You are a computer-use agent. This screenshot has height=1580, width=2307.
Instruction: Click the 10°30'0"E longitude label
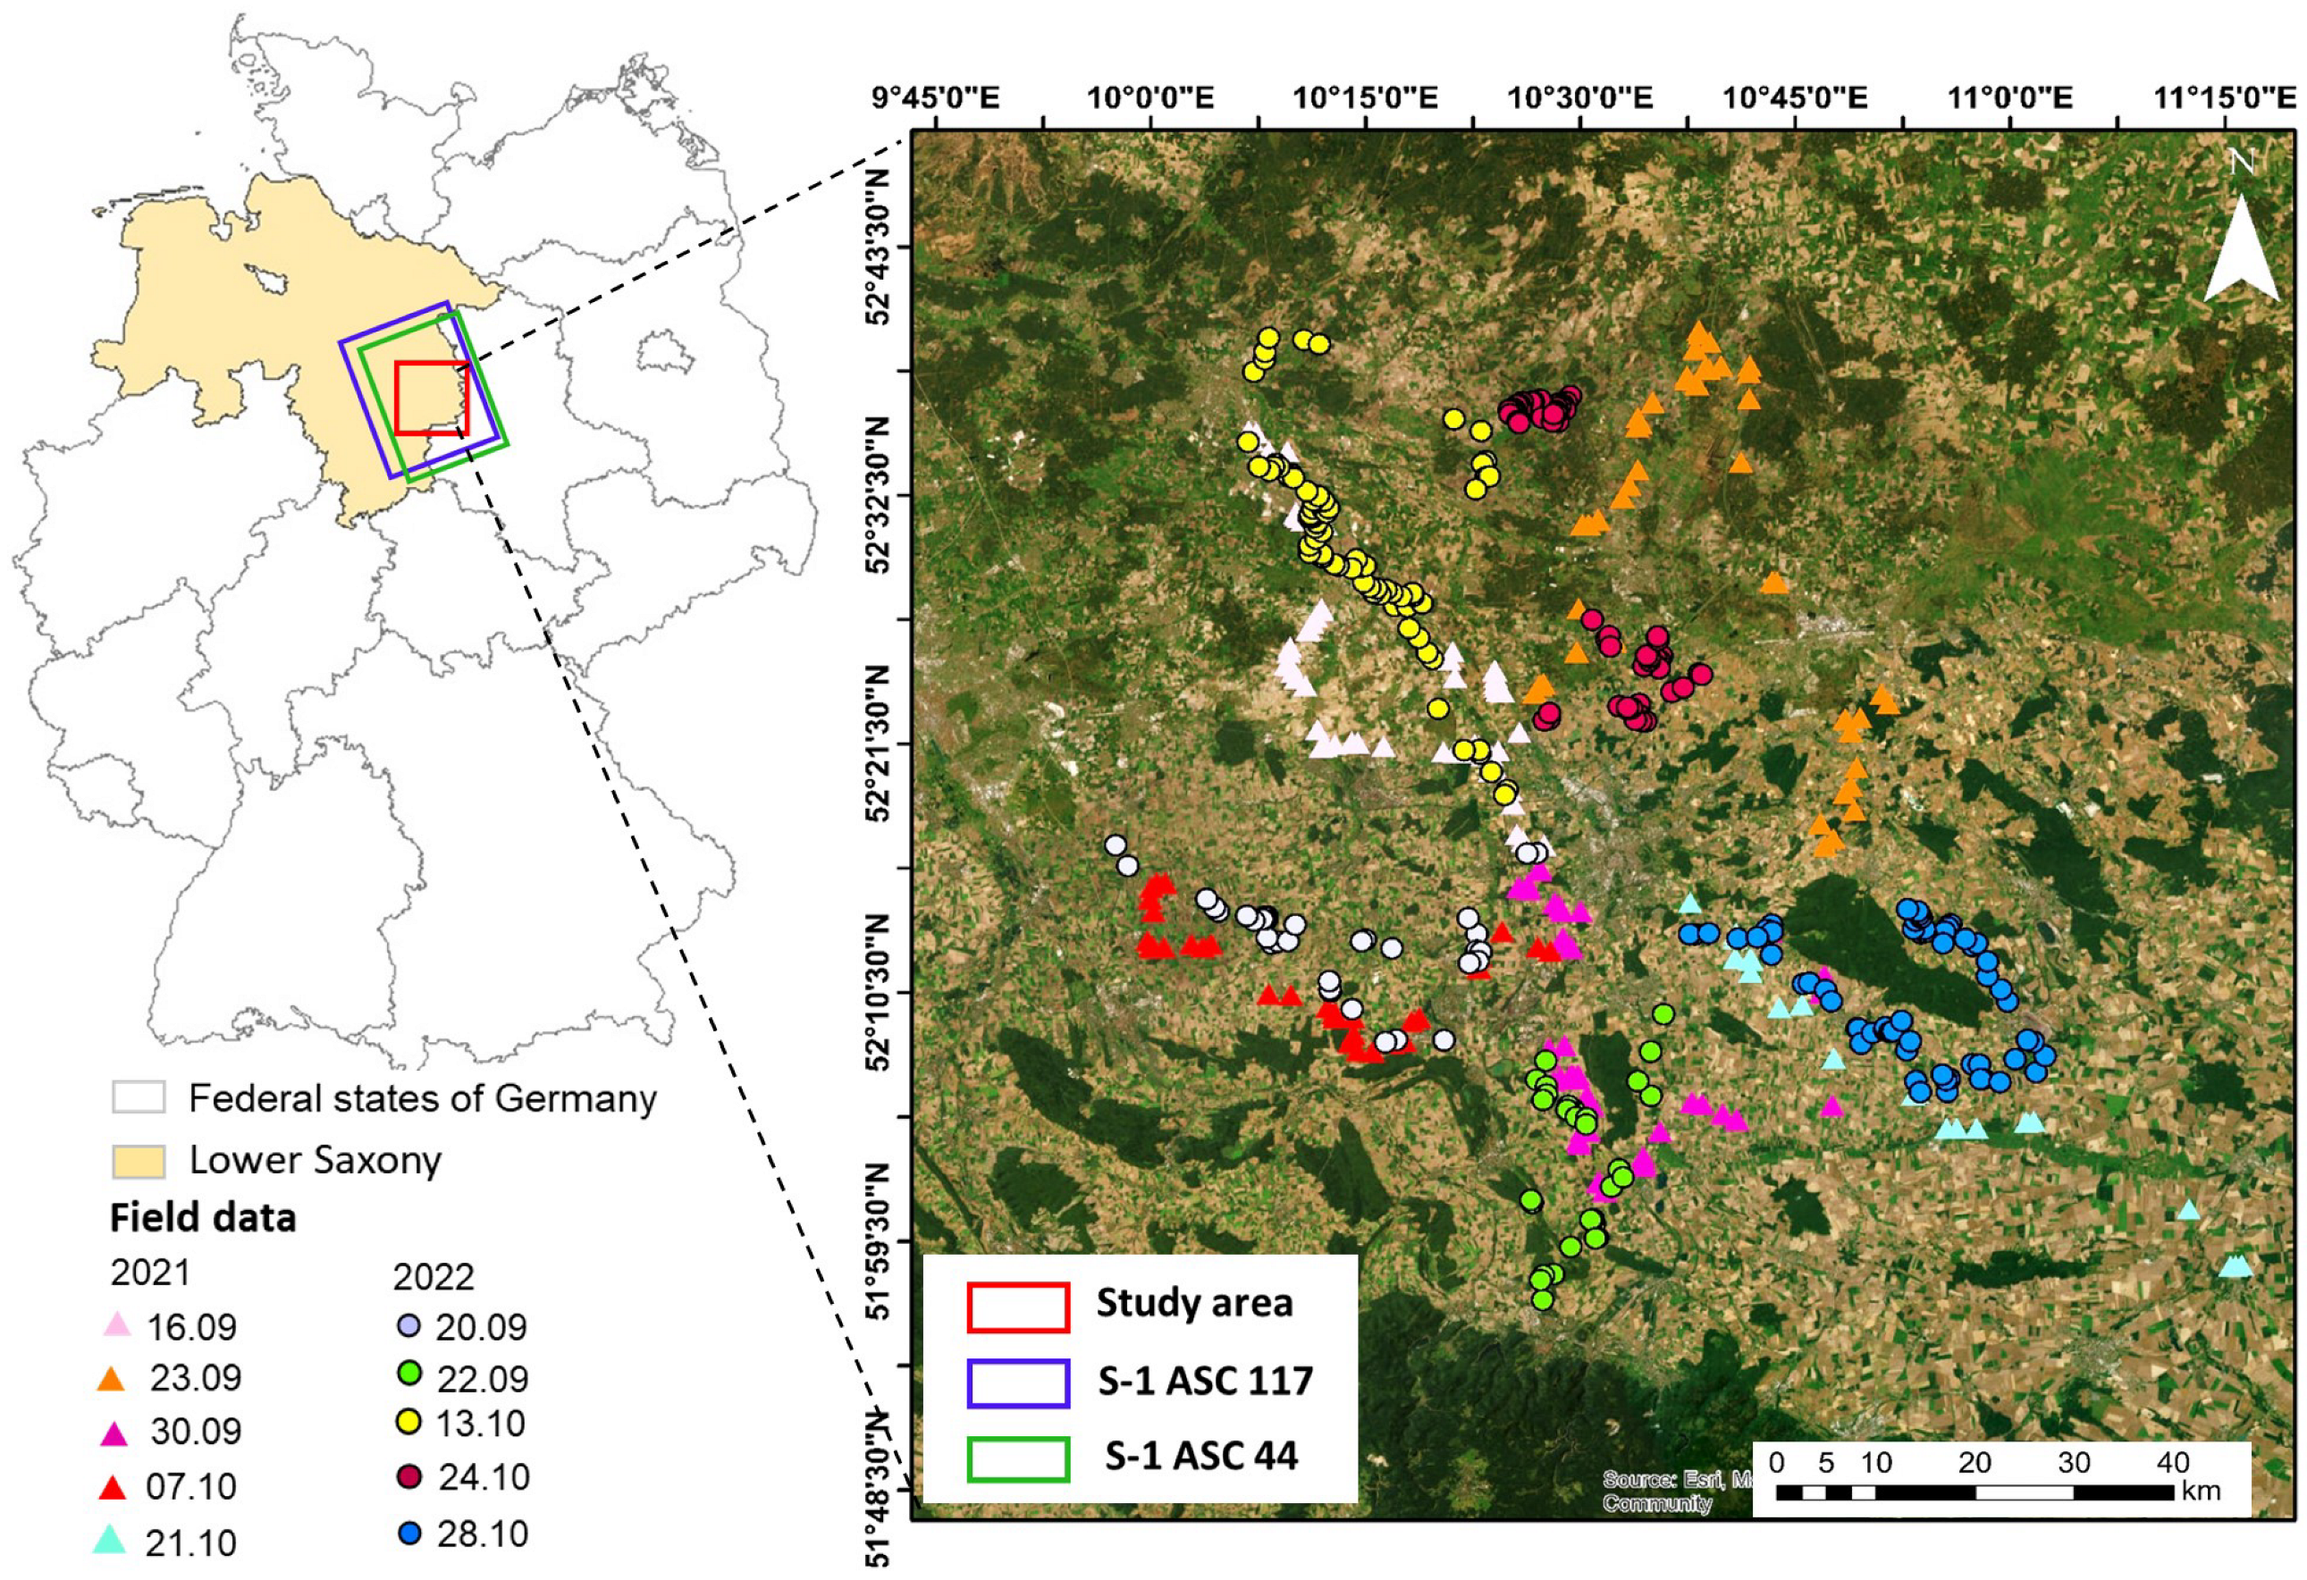1580,98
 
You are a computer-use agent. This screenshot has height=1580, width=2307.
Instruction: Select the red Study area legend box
1017,1306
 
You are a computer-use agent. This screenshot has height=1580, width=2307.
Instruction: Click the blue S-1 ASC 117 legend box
1017,1382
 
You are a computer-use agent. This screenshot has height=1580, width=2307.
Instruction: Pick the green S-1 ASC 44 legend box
1017,1458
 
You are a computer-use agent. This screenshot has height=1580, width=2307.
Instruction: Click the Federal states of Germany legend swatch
138,1097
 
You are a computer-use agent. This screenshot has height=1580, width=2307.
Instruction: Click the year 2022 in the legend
433,1277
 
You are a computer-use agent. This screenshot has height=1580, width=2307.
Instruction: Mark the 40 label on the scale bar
2172,1464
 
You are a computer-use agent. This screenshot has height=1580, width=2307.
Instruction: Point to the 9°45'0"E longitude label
936,98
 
